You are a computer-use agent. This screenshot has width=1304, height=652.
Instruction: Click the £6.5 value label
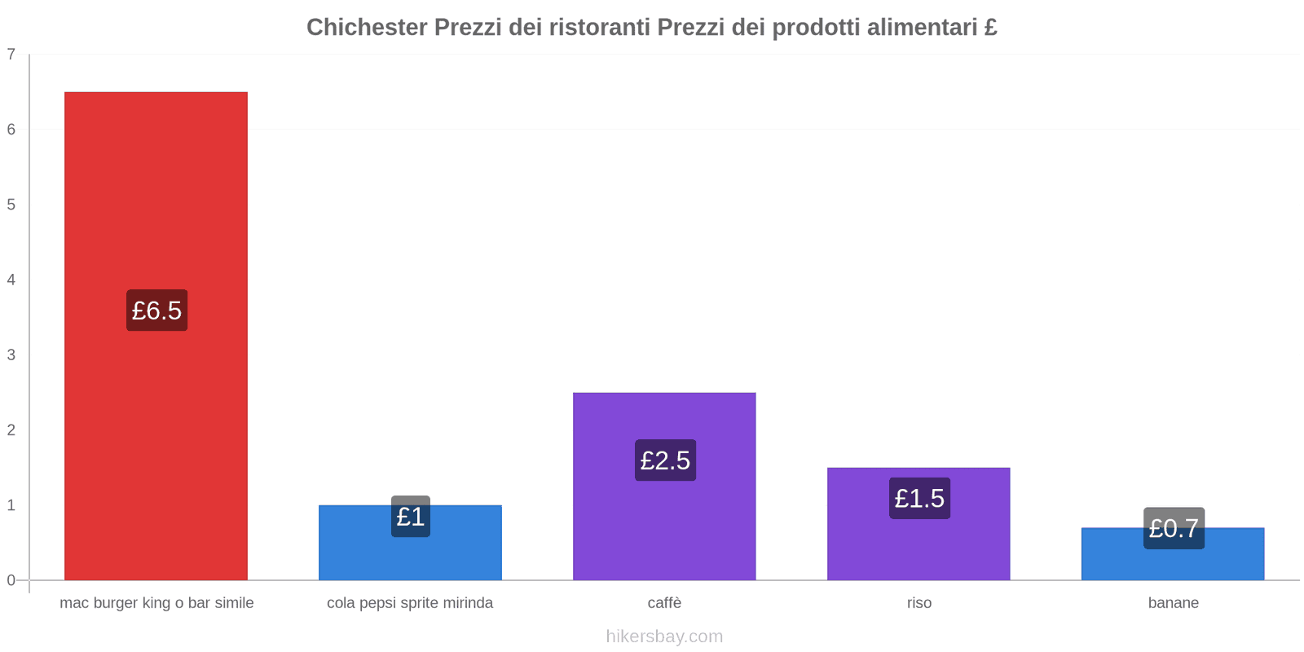click(156, 311)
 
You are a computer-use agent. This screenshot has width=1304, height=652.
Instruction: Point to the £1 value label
click(411, 517)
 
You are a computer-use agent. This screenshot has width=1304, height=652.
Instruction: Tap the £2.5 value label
click(665, 460)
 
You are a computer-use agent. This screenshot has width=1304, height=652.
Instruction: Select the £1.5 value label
click(919, 498)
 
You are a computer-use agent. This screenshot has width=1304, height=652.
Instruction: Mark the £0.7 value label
click(1174, 528)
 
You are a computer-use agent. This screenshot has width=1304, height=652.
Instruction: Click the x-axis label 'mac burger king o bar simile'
click(156, 603)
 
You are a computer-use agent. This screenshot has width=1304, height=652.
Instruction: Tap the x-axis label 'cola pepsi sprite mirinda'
click(410, 603)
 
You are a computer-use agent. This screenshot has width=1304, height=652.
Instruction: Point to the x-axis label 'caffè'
click(664, 603)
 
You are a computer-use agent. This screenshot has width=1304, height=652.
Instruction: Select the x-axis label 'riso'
click(919, 603)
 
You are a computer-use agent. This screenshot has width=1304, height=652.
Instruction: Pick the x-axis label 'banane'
click(1173, 603)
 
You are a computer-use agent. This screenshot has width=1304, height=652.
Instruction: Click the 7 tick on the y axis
click(11, 55)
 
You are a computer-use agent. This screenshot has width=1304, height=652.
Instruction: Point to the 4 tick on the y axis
click(11, 280)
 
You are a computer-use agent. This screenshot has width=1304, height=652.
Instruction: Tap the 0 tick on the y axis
click(11, 580)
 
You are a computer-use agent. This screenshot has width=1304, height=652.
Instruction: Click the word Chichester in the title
click(367, 28)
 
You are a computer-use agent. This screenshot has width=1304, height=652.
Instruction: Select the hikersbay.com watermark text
click(664, 637)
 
